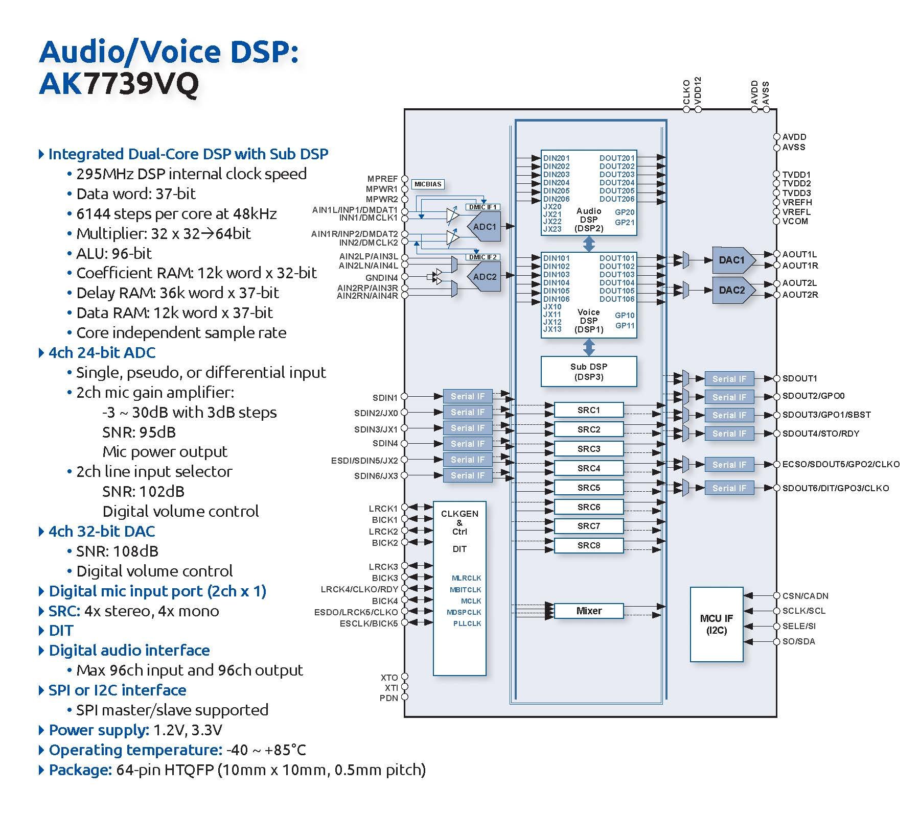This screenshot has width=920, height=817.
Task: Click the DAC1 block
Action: (x=732, y=260)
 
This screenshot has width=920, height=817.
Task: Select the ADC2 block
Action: (x=484, y=277)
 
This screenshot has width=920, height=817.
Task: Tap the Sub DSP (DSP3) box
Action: (x=589, y=372)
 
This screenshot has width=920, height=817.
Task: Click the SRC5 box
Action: (x=589, y=488)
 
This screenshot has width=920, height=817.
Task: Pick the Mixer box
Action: (x=589, y=611)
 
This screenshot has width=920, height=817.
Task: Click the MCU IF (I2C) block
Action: (x=717, y=624)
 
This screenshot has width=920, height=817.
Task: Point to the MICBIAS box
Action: (x=428, y=184)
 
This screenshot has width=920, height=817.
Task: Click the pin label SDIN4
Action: (x=385, y=443)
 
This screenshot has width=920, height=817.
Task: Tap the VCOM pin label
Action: (x=795, y=221)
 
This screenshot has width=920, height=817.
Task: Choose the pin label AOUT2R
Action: (x=800, y=295)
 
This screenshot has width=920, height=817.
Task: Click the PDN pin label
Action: (x=388, y=698)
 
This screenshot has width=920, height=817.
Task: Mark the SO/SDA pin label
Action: (x=798, y=641)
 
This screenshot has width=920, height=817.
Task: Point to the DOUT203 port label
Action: (x=617, y=175)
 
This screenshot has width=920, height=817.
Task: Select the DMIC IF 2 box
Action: (x=484, y=257)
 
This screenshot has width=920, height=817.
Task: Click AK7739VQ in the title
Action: (x=119, y=83)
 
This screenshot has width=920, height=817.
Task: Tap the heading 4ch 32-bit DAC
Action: (x=102, y=532)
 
